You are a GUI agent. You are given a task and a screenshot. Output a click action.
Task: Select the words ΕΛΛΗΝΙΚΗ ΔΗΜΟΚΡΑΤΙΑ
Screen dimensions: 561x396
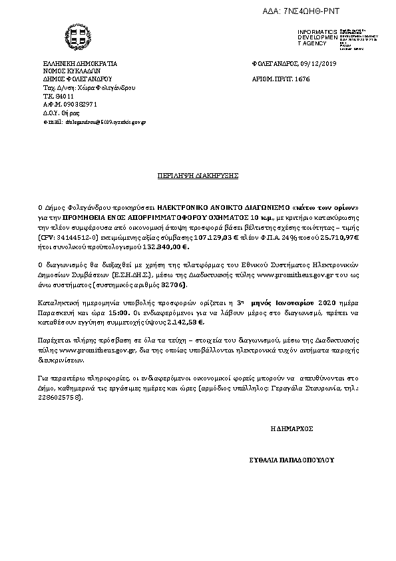[81, 63]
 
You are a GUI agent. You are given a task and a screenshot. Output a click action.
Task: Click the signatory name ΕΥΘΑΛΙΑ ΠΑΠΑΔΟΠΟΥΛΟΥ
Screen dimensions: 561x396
[290, 460]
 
